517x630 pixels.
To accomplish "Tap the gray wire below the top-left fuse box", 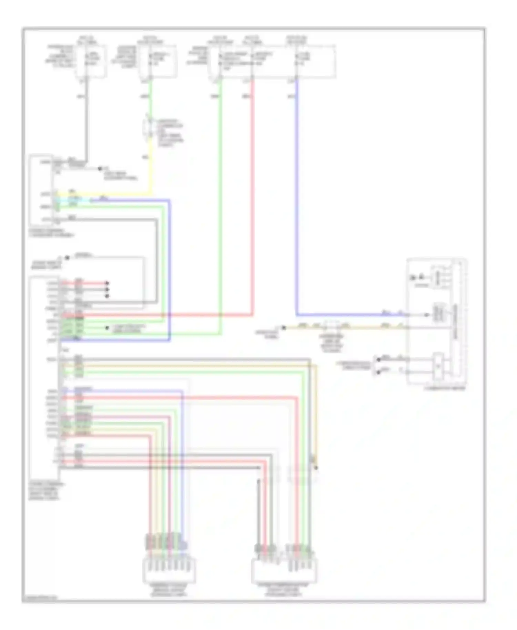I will pyautogui.click(x=86, y=121).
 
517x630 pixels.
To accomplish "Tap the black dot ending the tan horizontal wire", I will pyautogui.click(x=284, y=328).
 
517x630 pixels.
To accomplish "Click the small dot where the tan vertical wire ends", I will pyautogui.click(x=316, y=468).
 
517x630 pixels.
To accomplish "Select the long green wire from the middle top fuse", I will pyautogui.click(x=221, y=207).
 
